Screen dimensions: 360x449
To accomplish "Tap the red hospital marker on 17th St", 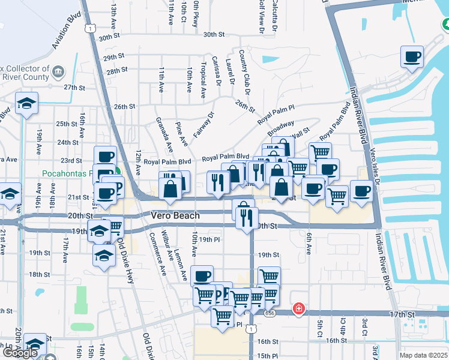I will tap(298, 309).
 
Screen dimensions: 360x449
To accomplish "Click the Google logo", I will tap(20, 353).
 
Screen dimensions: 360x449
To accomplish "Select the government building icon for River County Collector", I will tap(58, 73).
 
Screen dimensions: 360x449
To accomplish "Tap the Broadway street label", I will tap(280, 128).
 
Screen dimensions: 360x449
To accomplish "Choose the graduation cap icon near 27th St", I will tap(26, 103).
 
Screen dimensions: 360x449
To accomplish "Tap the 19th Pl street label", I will tap(210, 239).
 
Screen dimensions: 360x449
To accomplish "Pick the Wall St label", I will tap(301, 131).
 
